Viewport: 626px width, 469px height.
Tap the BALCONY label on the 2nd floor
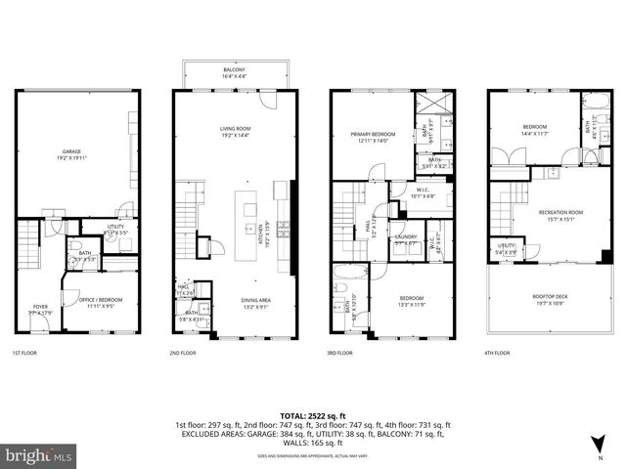coord(235,71)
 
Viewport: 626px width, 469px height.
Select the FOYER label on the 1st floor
coord(40,308)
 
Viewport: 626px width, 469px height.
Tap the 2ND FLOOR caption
coord(186,353)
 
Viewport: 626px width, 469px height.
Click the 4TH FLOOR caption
coord(499,353)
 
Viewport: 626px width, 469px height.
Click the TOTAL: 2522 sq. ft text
coord(313,415)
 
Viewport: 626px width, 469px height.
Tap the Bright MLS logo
coord(39,455)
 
